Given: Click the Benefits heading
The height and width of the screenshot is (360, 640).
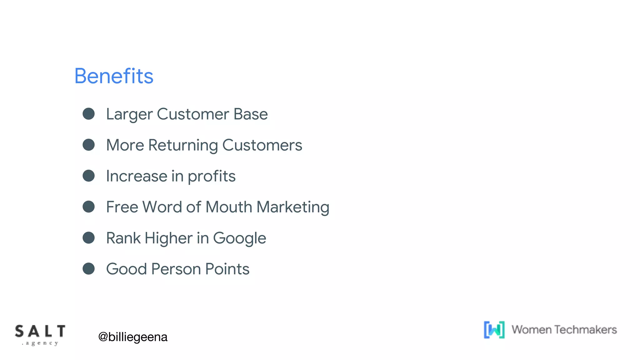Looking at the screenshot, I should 114,76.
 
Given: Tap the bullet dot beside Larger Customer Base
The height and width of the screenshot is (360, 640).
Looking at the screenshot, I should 89,114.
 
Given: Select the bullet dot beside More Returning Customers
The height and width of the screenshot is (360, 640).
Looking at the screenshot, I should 89,145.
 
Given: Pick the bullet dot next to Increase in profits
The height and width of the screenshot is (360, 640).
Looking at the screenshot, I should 89,176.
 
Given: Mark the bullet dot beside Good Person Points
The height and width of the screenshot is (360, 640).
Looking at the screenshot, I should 89,269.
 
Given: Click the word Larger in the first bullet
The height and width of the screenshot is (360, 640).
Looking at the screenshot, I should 129,114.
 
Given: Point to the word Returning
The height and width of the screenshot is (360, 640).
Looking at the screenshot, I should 183,145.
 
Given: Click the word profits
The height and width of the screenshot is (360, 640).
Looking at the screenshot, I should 212,177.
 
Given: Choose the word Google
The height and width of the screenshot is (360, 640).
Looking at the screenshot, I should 239,238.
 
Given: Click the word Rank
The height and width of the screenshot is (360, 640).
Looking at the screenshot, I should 123,238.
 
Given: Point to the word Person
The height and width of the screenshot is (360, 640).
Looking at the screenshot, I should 176,269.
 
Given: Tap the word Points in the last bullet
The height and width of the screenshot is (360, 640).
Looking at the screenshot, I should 227,269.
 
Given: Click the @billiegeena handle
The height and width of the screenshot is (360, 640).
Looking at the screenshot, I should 133,337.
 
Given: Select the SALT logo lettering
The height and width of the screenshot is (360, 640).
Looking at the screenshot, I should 40,331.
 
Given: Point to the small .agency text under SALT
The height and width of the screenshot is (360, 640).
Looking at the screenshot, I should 40,343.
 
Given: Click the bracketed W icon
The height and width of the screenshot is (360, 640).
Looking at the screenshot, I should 494,330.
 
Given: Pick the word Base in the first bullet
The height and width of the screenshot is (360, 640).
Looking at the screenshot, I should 251,114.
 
